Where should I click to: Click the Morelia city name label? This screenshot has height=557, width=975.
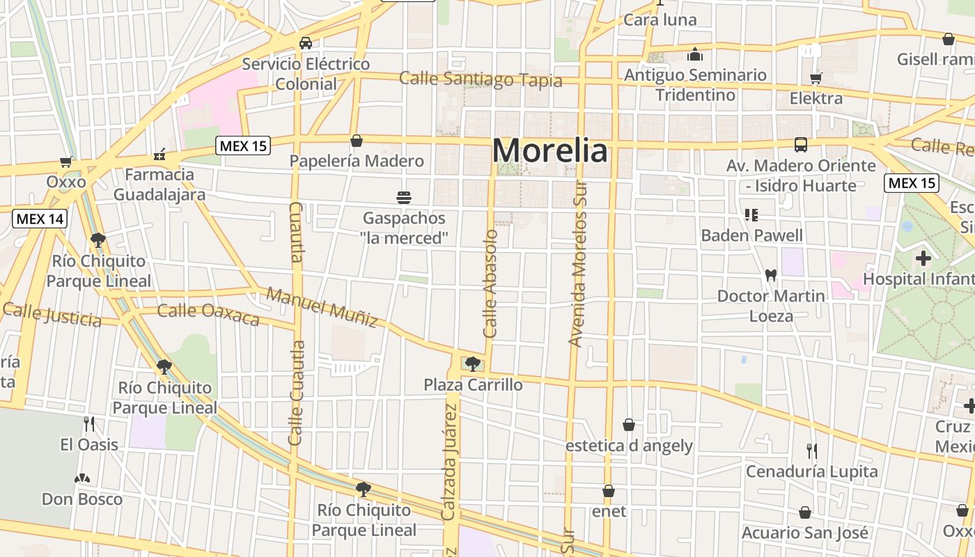click(x=550, y=150)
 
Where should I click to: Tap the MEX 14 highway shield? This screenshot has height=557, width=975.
click(x=40, y=219)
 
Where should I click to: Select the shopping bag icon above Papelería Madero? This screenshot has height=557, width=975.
click(x=357, y=141)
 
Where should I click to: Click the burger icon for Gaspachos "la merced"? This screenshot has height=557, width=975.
click(x=403, y=198)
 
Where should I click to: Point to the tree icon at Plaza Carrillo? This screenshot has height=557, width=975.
click(x=472, y=363)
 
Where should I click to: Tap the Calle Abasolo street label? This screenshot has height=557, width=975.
click(x=490, y=284)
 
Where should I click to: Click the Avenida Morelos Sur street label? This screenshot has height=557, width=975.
click(x=579, y=264)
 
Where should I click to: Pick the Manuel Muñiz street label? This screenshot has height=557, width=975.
click(x=322, y=307)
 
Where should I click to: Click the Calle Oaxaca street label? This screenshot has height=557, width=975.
click(x=208, y=314)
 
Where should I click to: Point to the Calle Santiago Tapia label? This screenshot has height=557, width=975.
click(x=481, y=79)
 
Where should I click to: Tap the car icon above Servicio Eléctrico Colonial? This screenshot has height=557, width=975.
click(x=306, y=43)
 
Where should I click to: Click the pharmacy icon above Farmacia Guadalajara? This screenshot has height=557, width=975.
click(x=159, y=155)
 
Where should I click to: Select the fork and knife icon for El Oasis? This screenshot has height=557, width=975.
click(x=89, y=424)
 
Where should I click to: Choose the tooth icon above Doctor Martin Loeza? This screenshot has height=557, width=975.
click(x=771, y=275)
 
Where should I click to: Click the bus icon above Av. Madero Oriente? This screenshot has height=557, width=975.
click(x=801, y=145)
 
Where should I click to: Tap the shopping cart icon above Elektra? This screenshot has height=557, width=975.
click(x=816, y=78)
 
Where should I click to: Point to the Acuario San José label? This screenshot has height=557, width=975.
click(x=805, y=533)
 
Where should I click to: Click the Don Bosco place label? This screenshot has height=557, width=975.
click(x=81, y=499)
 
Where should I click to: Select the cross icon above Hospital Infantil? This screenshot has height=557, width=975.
click(x=923, y=259)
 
